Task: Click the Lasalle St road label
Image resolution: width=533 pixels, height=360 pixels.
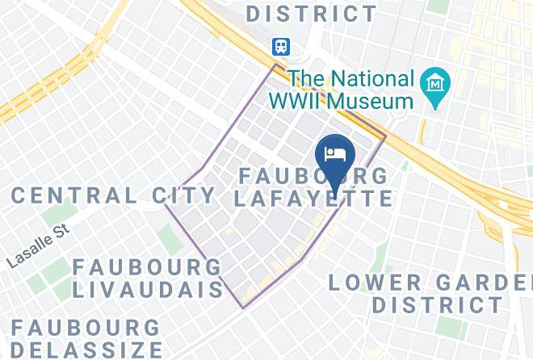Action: pyautogui.click(x=39, y=247)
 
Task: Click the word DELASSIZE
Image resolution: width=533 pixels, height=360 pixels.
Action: pyautogui.click(x=81, y=350)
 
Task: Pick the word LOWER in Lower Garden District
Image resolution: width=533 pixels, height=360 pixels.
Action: pyautogui.click(x=376, y=283)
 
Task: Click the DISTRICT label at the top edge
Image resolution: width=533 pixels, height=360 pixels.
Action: pyautogui.click(x=311, y=14)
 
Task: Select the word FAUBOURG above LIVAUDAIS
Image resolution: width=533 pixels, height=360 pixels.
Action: pyautogui.click(x=147, y=266)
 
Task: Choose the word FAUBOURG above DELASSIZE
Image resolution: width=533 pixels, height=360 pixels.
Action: pyautogui.click(x=86, y=328)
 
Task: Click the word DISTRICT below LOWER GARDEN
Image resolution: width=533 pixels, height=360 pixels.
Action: pyautogui.click(x=438, y=305)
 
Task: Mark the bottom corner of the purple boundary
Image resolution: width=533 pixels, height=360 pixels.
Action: pyautogui.click(x=243, y=308)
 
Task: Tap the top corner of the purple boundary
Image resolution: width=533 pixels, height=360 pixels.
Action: pyautogui.click(x=276, y=65)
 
